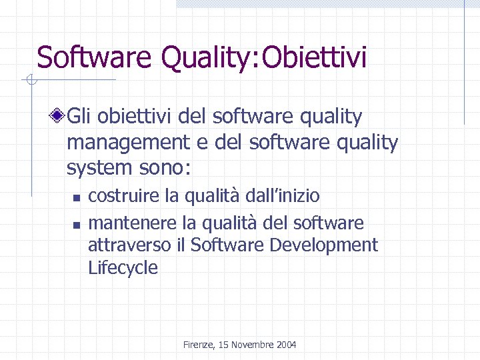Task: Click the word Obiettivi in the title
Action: pyautogui.click(x=315, y=57)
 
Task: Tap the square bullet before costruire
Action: pyautogui.click(x=76, y=197)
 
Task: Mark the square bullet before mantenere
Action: pyautogui.click(x=76, y=223)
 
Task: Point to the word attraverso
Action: pyautogui.click(x=130, y=245)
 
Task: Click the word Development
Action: pyautogui.click(x=323, y=245)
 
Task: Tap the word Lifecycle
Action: pyautogui.click(x=123, y=269)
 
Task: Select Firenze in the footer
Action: pyautogui.click(x=198, y=345)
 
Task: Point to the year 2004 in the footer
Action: pyautogui.click(x=286, y=345)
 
